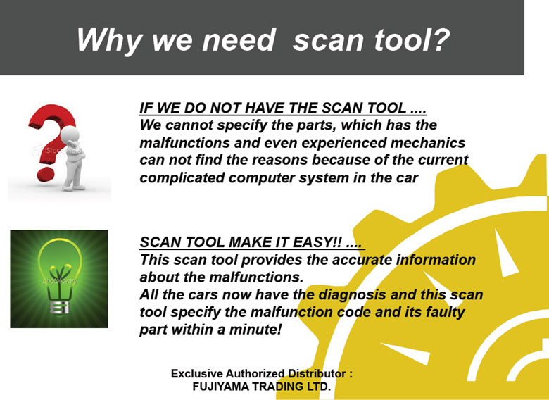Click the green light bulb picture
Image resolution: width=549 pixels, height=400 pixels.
[x=59, y=279]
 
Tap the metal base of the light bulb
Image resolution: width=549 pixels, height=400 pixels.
[x=61, y=307]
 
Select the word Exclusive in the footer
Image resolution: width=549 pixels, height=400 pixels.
[x=196, y=373]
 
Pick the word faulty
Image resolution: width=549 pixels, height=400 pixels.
[x=445, y=313]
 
